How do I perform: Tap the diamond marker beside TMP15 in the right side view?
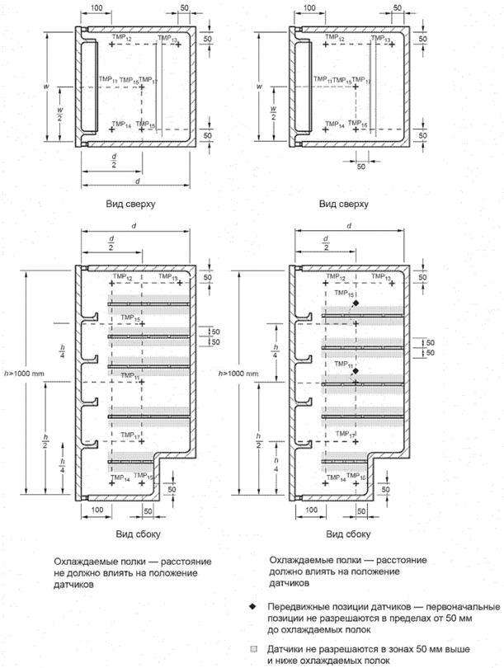(x=356, y=304)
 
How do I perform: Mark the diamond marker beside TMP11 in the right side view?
(x=355, y=372)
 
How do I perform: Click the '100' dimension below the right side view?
(x=303, y=510)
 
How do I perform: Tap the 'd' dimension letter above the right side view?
(x=349, y=225)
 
